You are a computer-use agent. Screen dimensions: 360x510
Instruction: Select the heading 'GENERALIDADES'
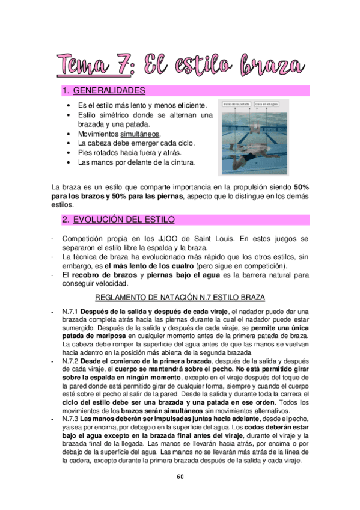(x=113, y=91)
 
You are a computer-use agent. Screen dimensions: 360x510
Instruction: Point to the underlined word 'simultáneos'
(x=140, y=134)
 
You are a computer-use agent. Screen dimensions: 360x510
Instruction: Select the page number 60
(x=180, y=477)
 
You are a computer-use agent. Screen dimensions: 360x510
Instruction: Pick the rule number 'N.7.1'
(x=70, y=311)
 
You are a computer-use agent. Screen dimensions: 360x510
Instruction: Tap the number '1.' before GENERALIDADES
(x=67, y=91)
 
